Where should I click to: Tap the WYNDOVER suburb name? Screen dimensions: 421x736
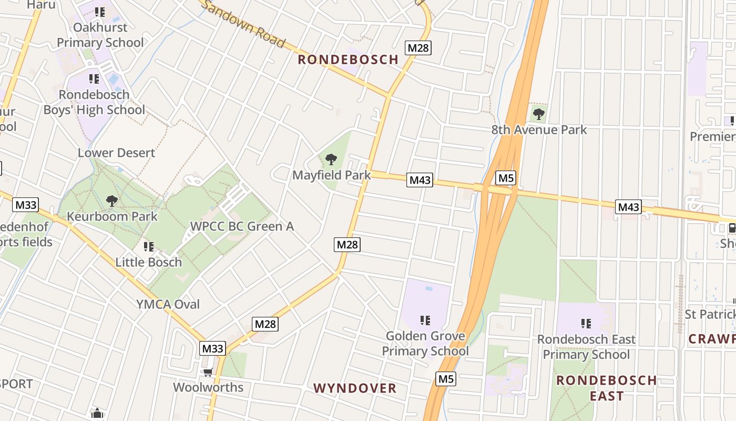pyautogui.click(x=355, y=388)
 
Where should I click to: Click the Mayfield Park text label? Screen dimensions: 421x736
pyautogui.click(x=332, y=175)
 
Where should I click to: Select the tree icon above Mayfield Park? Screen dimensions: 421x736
pyautogui.click(x=331, y=159)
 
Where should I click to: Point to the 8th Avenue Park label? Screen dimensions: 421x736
pyautogui.click(x=539, y=129)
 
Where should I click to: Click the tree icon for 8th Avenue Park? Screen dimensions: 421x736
pyautogui.click(x=538, y=113)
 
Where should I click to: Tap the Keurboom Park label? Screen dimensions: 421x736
pyautogui.click(x=112, y=216)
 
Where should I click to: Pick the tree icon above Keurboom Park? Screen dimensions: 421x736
pyautogui.click(x=111, y=201)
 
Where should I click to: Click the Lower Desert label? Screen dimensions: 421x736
pyautogui.click(x=116, y=153)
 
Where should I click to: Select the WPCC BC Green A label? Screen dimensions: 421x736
pyautogui.click(x=242, y=226)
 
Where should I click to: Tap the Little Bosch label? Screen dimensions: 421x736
pyautogui.click(x=149, y=262)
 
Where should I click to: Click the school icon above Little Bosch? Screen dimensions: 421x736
pyautogui.click(x=149, y=246)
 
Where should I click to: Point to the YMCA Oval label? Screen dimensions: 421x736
pyautogui.click(x=168, y=304)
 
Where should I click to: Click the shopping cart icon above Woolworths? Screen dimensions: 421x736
pyautogui.click(x=208, y=373)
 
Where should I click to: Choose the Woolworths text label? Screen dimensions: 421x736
pyautogui.click(x=208, y=387)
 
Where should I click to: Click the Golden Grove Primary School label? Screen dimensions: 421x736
pyautogui.click(x=425, y=344)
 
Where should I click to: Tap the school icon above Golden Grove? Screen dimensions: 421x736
pyautogui.click(x=425, y=320)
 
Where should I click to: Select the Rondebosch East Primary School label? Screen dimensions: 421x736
pyautogui.click(x=586, y=347)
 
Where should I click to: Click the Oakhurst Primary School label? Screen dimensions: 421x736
pyautogui.click(x=100, y=35)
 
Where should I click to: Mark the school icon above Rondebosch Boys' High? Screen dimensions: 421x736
pyautogui.click(x=94, y=79)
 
